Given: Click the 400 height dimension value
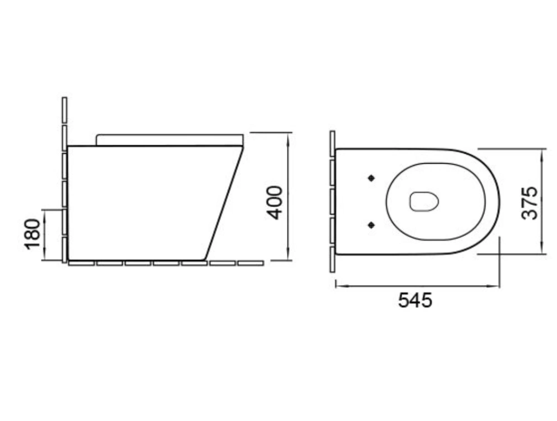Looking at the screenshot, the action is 275,203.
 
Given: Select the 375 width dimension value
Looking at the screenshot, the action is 529,203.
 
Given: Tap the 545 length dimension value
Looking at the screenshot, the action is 415,300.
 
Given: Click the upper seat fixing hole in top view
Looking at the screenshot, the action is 372,178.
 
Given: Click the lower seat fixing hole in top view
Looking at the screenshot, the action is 372,225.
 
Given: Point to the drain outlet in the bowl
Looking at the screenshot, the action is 424,202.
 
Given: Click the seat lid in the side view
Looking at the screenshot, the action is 170,140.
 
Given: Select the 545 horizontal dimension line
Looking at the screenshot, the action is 417,285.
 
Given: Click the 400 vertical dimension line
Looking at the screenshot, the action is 288,197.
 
